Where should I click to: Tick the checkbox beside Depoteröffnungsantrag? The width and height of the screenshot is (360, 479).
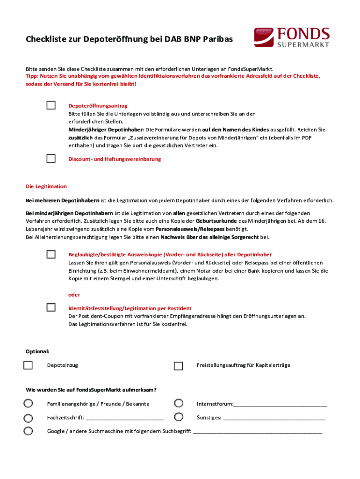(x=51, y=105)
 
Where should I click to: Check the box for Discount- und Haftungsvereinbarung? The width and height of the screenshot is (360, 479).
(x=51, y=159)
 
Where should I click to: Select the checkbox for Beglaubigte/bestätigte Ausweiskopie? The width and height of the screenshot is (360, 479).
(x=51, y=254)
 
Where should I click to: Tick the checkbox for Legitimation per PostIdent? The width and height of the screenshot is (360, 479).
(x=51, y=307)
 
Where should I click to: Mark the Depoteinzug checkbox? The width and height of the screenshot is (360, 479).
(x=28, y=365)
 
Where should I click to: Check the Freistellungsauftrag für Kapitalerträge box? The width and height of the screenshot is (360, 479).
(x=178, y=365)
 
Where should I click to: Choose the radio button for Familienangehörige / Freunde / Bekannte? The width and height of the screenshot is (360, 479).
(x=28, y=403)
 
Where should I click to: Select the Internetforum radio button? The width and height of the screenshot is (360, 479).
(x=178, y=403)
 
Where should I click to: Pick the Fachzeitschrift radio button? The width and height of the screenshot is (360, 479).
(x=28, y=418)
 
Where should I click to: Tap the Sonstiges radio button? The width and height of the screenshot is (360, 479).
(x=178, y=417)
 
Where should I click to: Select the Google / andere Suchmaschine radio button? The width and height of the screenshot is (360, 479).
(x=28, y=431)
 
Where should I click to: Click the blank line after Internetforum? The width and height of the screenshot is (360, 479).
(x=281, y=405)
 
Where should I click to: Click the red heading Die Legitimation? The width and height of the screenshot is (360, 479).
(x=46, y=186)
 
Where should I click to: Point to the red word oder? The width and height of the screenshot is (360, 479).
(x=74, y=295)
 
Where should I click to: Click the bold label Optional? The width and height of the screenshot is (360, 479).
(x=37, y=351)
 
